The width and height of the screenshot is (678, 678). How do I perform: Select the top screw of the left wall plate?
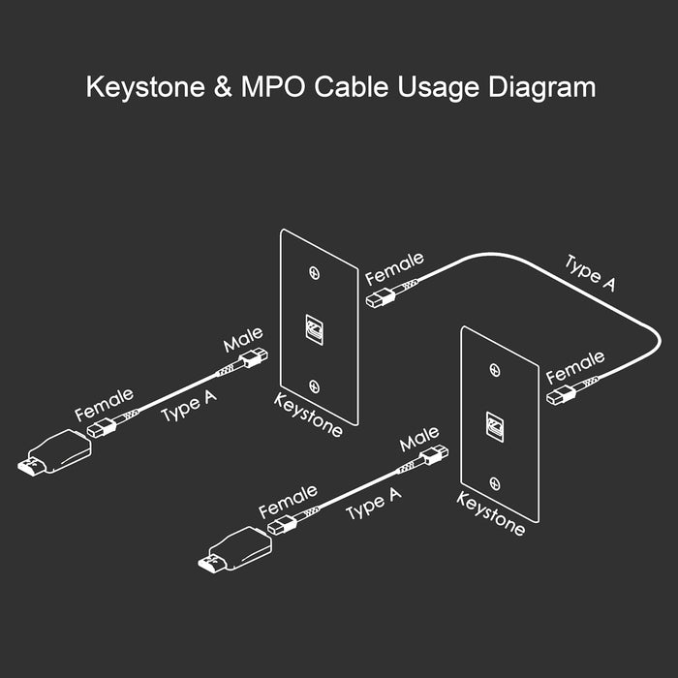point(313,273)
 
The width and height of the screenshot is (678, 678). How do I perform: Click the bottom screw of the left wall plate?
point(313,385)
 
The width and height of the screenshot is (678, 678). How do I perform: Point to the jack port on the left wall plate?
point(314,329)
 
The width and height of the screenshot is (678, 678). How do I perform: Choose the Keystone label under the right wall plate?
point(490,514)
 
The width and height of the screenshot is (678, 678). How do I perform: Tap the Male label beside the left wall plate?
point(243,342)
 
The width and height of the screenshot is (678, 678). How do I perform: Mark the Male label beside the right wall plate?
point(419,440)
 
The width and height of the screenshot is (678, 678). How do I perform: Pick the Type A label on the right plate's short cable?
point(373,504)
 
